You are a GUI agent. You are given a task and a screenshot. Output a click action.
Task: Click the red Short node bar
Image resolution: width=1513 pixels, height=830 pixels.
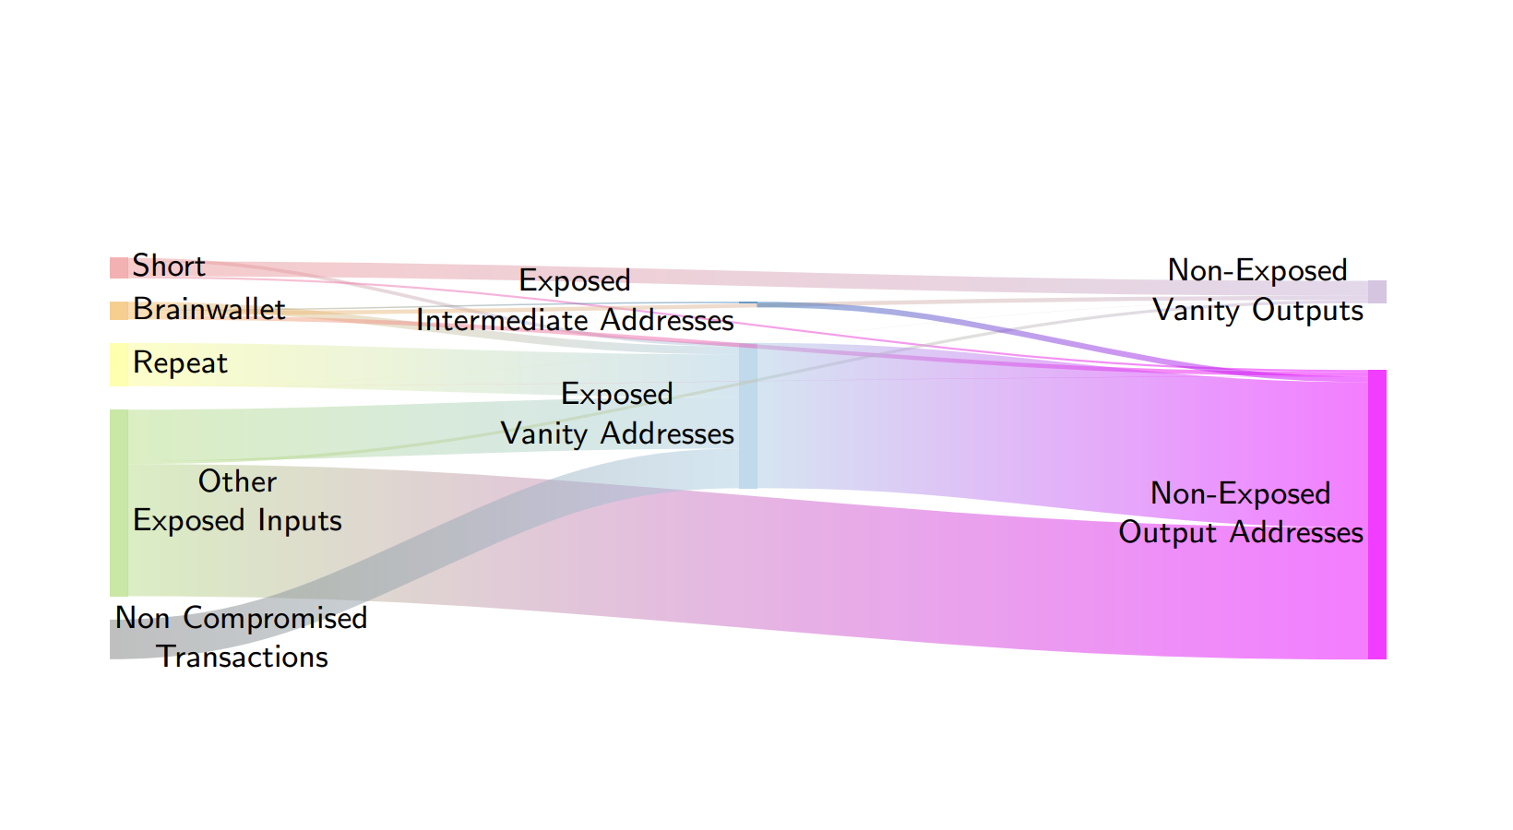[x=119, y=267]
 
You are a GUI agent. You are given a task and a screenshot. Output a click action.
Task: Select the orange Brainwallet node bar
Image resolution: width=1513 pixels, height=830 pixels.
[x=119, y=311]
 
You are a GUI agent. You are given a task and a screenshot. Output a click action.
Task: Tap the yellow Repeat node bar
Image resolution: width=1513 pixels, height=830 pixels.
[x=119, y=364]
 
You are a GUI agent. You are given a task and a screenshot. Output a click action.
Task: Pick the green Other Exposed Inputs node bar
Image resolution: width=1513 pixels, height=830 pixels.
[x=119, y=503]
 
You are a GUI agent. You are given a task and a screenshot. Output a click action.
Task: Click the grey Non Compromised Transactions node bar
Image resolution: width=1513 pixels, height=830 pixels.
[x=119, y=639]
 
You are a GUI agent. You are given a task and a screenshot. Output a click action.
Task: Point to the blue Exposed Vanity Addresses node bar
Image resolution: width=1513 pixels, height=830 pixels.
[x=748, y=416]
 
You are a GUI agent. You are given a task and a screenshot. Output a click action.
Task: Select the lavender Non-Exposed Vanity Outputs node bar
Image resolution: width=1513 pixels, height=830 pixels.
[x=1376, y=291]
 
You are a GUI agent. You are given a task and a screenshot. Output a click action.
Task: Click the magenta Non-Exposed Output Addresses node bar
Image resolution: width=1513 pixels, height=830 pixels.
[x=1376, y=515]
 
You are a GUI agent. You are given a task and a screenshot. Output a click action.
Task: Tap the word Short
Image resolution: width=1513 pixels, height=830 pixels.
[x=168, y=266]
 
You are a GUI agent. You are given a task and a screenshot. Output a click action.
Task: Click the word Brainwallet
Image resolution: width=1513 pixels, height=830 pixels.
[x=208, y=309]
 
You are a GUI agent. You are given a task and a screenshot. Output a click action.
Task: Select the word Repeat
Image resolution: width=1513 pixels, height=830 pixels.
[x=180, y=363]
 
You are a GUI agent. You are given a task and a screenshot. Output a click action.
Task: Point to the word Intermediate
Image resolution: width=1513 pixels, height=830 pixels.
[x=504, y=320]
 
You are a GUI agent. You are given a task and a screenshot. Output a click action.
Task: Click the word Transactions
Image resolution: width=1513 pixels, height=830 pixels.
[x=243, y=657]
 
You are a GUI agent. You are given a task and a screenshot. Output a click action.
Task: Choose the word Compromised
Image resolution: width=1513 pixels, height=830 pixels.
[x=275, y=618]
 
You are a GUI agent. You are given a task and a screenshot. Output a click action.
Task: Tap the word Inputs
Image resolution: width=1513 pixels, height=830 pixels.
[x=300, y=521]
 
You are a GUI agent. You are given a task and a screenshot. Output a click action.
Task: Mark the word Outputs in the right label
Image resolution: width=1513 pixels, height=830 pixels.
[x=1307, y=311]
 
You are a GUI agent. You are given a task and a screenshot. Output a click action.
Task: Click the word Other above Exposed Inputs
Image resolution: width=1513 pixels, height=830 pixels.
[x=237, y=481]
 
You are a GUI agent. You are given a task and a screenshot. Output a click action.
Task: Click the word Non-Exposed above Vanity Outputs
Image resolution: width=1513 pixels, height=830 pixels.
[x=1257, y=270]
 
